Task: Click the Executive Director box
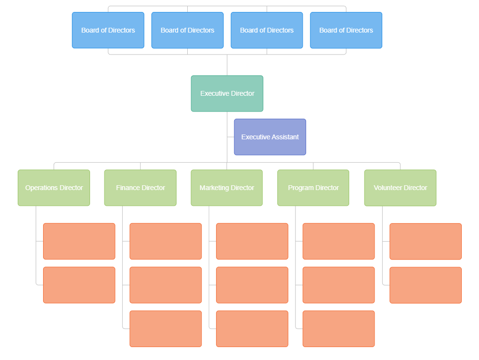(227, 93)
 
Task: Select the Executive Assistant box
(270, 137)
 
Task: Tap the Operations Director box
(54, 188)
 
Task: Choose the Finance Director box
(140, 188)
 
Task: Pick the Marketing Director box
(227, 188)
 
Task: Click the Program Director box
(313, 188)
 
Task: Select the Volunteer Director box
(400, 188)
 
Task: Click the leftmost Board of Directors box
(108, 30)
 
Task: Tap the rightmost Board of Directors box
(346, 30)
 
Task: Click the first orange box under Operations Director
(79, 241)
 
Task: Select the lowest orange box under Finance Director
(166, 328)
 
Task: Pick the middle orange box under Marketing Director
(252, 285)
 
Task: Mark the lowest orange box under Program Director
(339, 328)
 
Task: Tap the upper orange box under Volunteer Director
(425, 241)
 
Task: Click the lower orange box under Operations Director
(79, 285)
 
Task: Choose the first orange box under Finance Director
(166, 241)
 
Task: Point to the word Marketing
(214, 188)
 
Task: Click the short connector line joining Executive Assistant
(230, 137)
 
